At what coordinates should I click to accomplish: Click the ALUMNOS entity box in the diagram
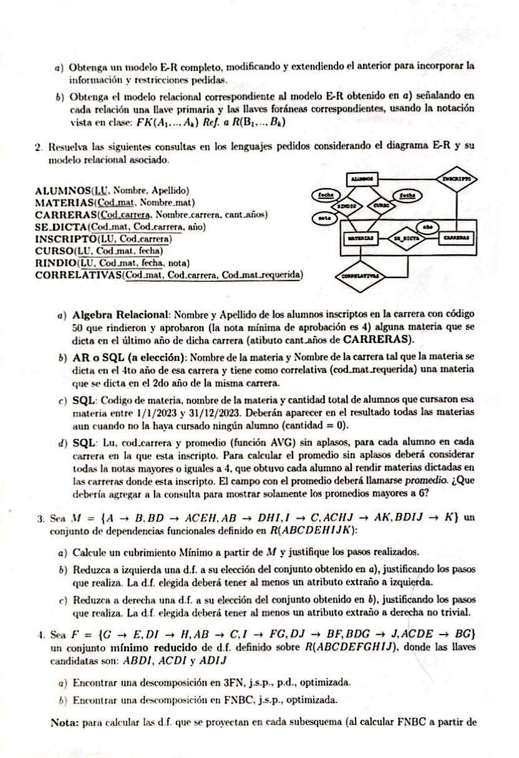(359, 178)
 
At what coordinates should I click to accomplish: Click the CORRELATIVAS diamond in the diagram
(361, 275)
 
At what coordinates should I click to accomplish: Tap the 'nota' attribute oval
(324, 218)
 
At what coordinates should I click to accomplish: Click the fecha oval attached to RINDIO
(325, 195)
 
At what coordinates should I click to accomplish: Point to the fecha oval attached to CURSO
(409, 195)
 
